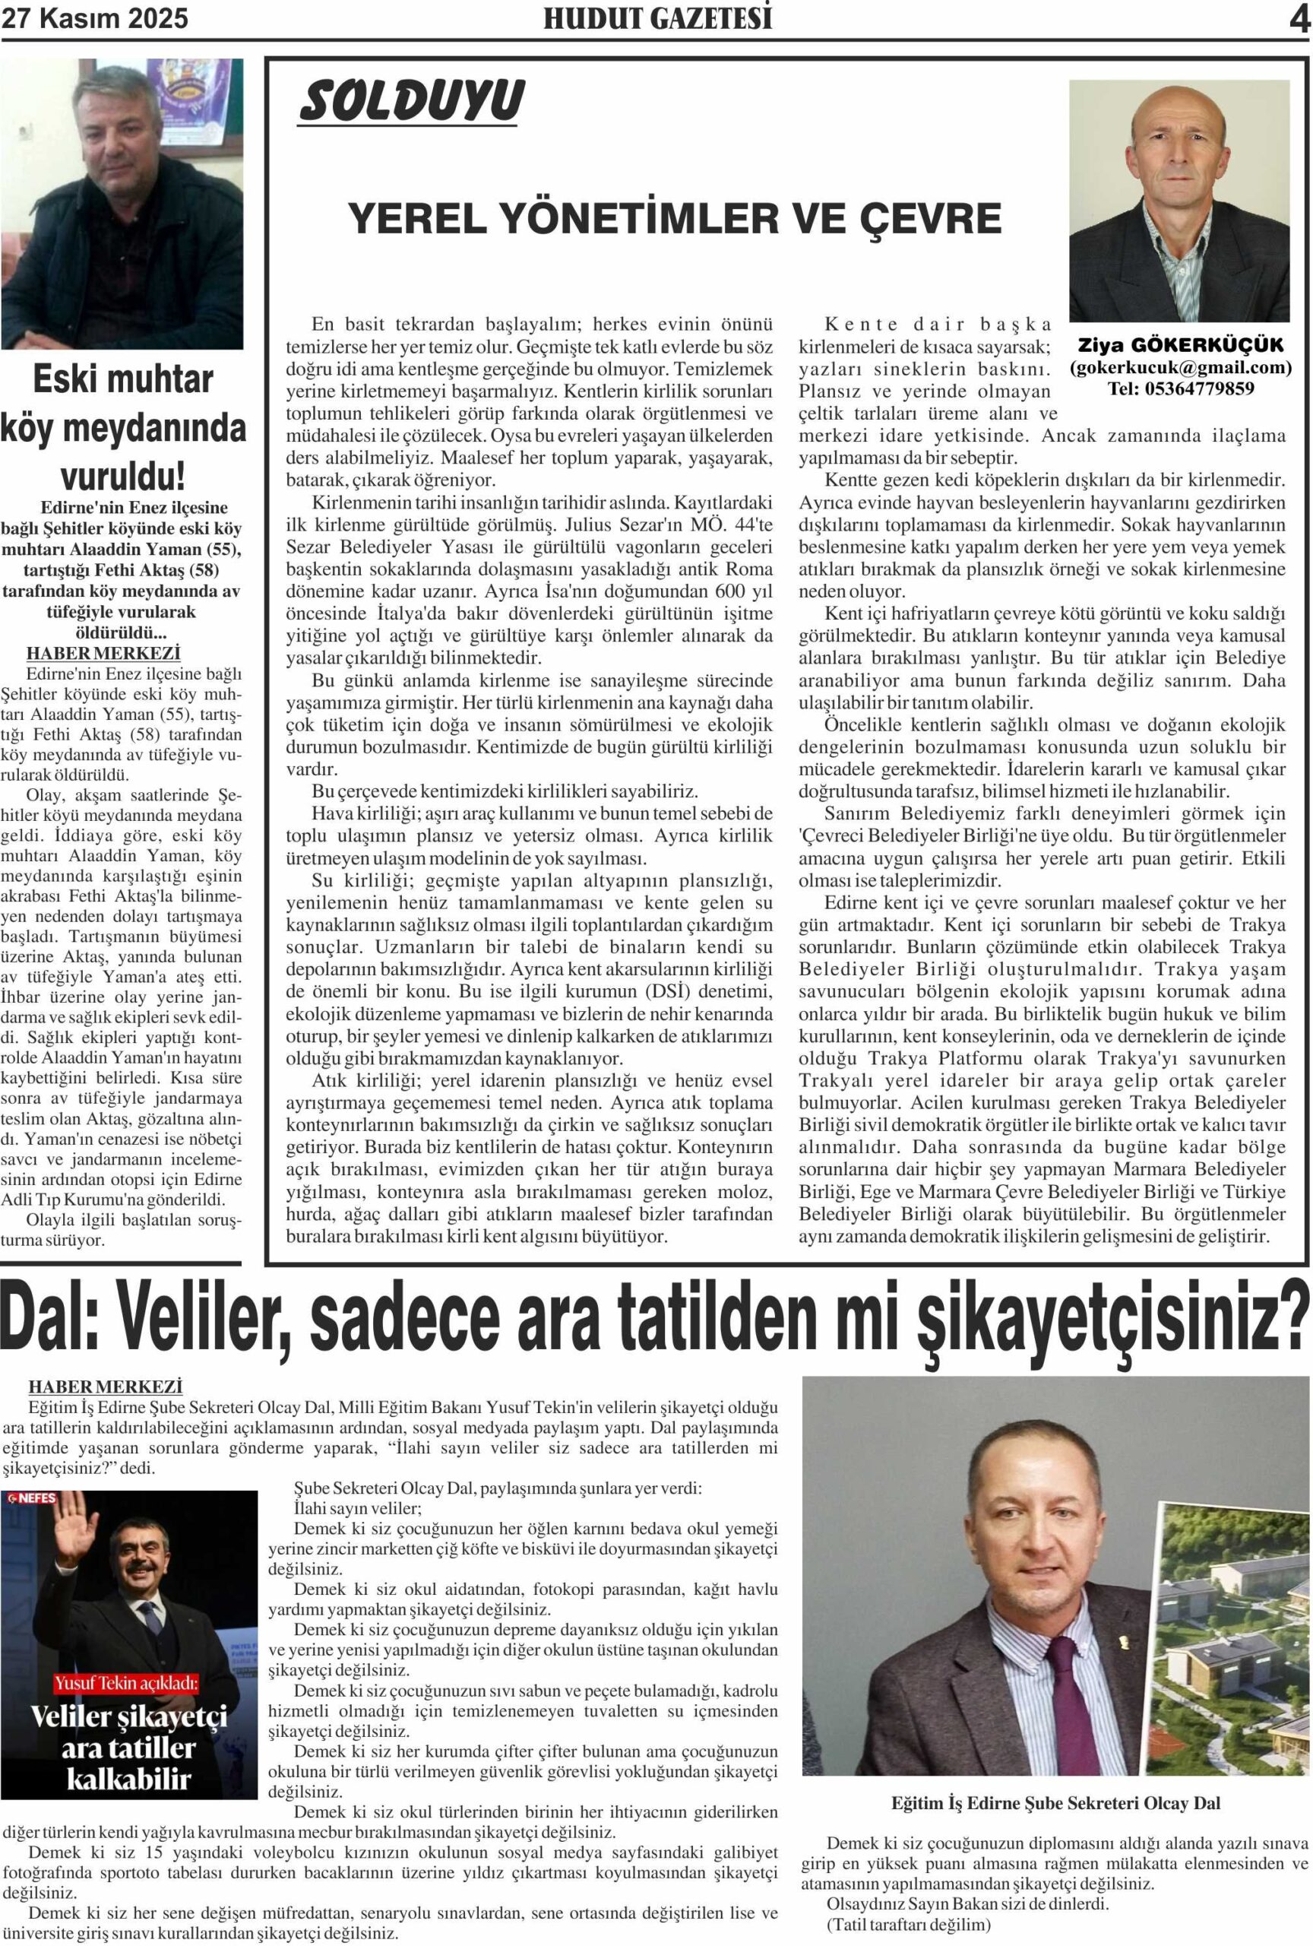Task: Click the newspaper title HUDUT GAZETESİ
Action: pos(657,18)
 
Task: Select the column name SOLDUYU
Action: pos(411,101)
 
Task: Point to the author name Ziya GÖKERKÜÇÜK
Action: pos(1180,345)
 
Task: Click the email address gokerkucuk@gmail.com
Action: pos(1180,366)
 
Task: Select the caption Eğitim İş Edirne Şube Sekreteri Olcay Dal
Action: pos(1055,1803)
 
